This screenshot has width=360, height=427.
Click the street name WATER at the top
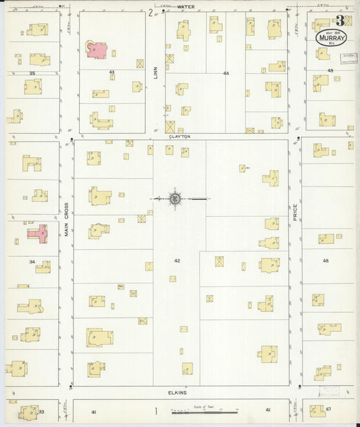pos(186,7)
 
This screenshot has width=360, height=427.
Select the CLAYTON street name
pos(180,136)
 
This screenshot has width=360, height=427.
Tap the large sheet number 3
pos(340,21)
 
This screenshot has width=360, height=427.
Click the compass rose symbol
pos(175,199)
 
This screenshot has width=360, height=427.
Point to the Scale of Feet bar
pos(203,411)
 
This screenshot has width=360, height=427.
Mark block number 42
pos(177,260)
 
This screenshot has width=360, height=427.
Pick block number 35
pos(32,72)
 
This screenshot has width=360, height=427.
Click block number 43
pos(111,72)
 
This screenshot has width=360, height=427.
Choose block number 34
pos(32,261)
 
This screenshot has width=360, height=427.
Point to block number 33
pos(41,411)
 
